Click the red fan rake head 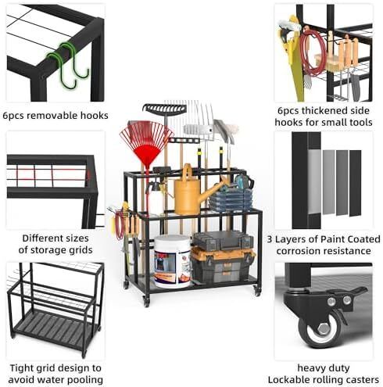click(x=146, y=142)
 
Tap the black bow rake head click(x=165, y=109)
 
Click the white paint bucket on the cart click(x=172, y=261)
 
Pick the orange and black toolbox click(x=223, y=265)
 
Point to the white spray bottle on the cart click(x=154, y=196)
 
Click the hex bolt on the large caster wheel click(x=324, y=329)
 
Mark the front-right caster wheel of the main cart click(x=257, y=290)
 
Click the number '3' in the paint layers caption click(x=270, y=239)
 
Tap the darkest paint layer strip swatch click(x=356, y=183)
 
